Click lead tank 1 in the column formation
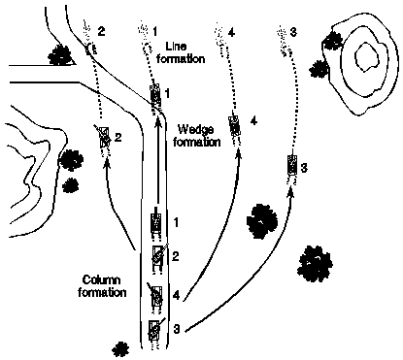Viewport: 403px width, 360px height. (x=155, y=222)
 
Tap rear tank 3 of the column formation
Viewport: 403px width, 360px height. (x=153, y=330)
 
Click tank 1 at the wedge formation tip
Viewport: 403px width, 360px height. (x=155, y=96)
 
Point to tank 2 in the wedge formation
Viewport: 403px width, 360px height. (x=103, y=139)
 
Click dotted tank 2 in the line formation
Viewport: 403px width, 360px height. (x=90, y=42)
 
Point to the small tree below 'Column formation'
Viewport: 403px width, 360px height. (x=119, y=347)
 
